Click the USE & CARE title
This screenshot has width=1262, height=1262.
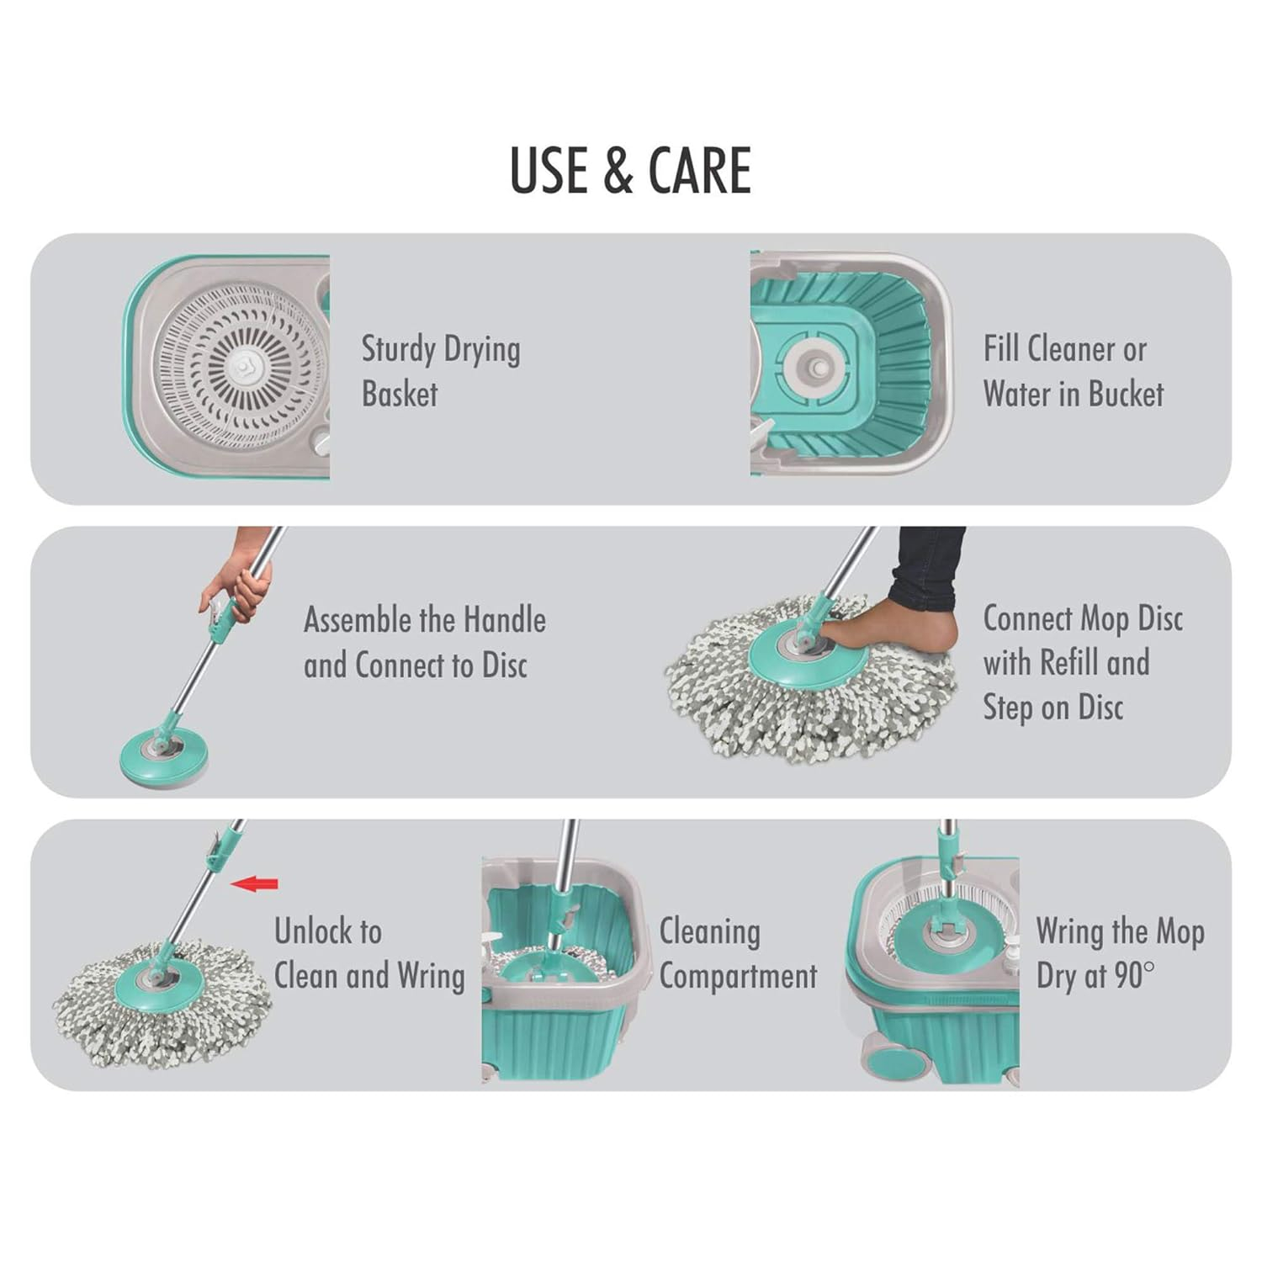pyautogui.click(x=630, y=171)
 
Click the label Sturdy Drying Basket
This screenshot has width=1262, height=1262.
pyautogui.click(x=441, y=371)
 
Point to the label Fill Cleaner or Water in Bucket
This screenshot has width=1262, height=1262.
pyautogui.click(x=1073, y=371)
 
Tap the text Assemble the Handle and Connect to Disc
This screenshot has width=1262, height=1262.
pyautogui.click(x=424, y=642)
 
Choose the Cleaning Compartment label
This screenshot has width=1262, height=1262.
pyautogui.click(x=737, y=953)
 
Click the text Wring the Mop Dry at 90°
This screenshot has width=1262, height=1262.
pyautogui.click(x=1119, y=953)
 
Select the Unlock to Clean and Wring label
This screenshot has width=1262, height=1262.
pyautogui.click(x=369, y=953)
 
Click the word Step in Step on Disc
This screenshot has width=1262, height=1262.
pyautogui.click(x=1008, y=708)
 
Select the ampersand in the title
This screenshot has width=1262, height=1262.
pyautogui.click(x=618, y=171)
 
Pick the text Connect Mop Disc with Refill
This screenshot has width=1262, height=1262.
pyautogui.click(x=1082, y=641)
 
